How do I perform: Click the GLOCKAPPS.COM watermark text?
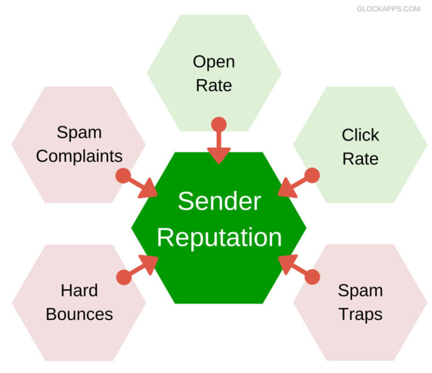pos(388,9)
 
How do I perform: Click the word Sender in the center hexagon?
pos(219,202)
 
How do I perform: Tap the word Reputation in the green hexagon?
pos(219,238)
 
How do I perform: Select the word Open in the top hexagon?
pos(214,61)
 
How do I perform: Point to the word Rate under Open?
pos(214,85)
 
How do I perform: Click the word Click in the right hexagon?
pos(360,135)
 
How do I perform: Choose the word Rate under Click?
pos(360,159)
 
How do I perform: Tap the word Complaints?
pos(79,156)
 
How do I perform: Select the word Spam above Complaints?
pos(79,133)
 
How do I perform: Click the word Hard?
pos(79,290)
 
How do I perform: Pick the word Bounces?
pos(79,314)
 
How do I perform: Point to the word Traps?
pos(360,314)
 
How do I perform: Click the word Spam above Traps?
pos(360,290)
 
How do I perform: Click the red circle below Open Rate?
pos(219,125)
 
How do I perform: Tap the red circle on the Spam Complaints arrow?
pos(123,176)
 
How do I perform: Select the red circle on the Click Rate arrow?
pos(313,175)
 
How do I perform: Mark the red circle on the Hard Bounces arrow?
pos(123,277)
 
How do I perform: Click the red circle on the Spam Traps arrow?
pos(313,277)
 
